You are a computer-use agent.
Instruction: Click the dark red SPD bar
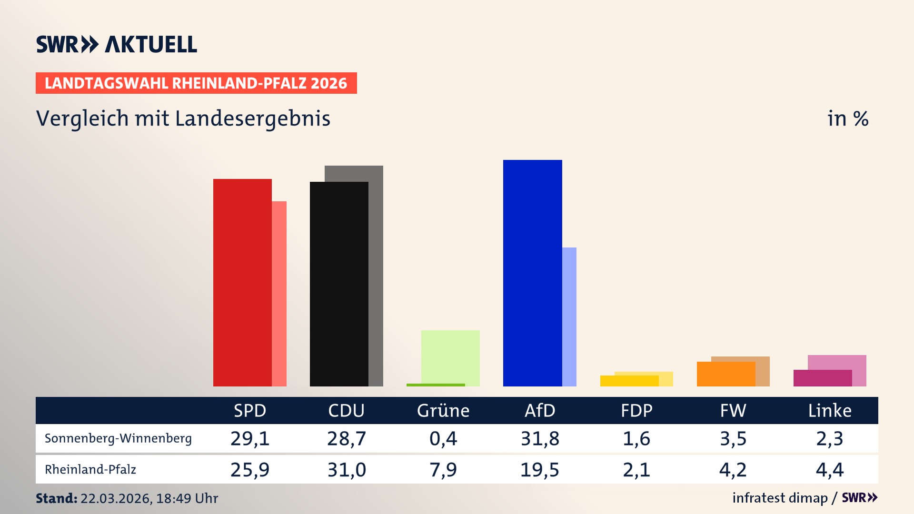[242, 283]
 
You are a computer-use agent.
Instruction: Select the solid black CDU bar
[339, 284]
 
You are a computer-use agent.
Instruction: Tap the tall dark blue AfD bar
[532, 273]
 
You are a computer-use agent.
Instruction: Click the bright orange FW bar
[725, 374]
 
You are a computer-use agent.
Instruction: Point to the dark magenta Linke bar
[822, 378]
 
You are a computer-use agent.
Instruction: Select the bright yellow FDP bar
[629, 381]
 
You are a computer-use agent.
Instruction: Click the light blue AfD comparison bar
[569, 317]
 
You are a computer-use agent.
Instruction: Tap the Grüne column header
[443, 411]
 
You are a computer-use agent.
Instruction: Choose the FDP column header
[636, 411]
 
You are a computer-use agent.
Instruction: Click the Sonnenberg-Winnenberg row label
[118, 438]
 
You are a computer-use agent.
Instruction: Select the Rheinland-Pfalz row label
[90, 470]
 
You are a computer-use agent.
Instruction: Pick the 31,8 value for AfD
[540, 438]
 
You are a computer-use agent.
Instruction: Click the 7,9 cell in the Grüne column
[443, 470]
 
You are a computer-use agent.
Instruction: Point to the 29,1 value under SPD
[250, 438]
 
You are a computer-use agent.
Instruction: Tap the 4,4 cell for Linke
[829, 470]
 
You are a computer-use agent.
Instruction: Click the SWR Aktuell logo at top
[117, 44]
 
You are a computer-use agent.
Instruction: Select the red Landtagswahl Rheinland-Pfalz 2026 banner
[196, 83]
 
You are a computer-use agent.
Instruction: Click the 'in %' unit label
[847, 119]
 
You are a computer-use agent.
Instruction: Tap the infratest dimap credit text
[780, 498]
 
